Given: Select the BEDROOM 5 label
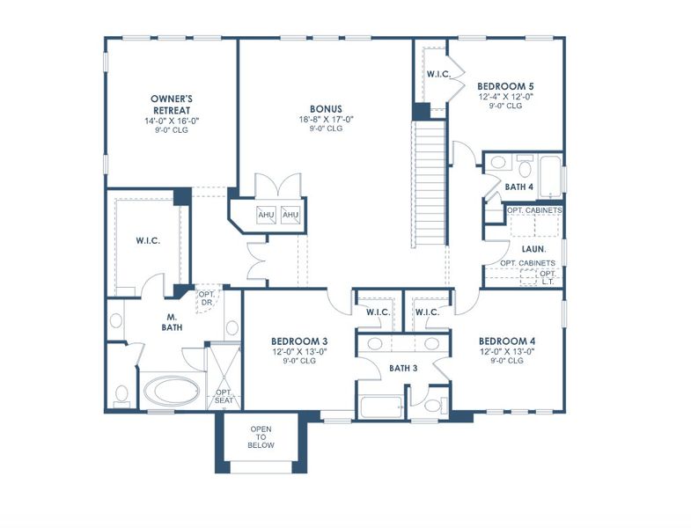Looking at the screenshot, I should coord(505,86).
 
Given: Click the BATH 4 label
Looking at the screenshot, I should coord(518,187).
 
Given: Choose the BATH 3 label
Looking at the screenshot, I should coord(403,367).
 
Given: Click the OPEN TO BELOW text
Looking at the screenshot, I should coord(261,436).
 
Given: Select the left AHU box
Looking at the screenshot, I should coord(267,216).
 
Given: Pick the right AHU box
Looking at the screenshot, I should coord(290,216).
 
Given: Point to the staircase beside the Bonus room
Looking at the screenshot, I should coord(429,185).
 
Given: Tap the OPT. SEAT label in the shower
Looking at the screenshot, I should coord(224,396).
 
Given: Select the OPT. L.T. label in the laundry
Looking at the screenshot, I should coord(548,277).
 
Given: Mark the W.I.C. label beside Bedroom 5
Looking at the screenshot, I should coord(438,75).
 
